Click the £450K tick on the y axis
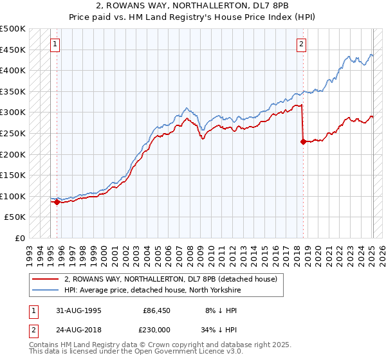[x=13, y=50]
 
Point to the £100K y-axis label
[x=13, y=196]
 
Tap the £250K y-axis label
[x=13, y=133]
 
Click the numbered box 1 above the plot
[x=56, y=44]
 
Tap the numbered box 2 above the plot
[x=301, y=44]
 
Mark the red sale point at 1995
[x=57, y=202]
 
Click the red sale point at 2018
[x=303, y=142]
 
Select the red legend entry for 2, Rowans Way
[x=170, y=279]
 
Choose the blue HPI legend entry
[x=151, y=290]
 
